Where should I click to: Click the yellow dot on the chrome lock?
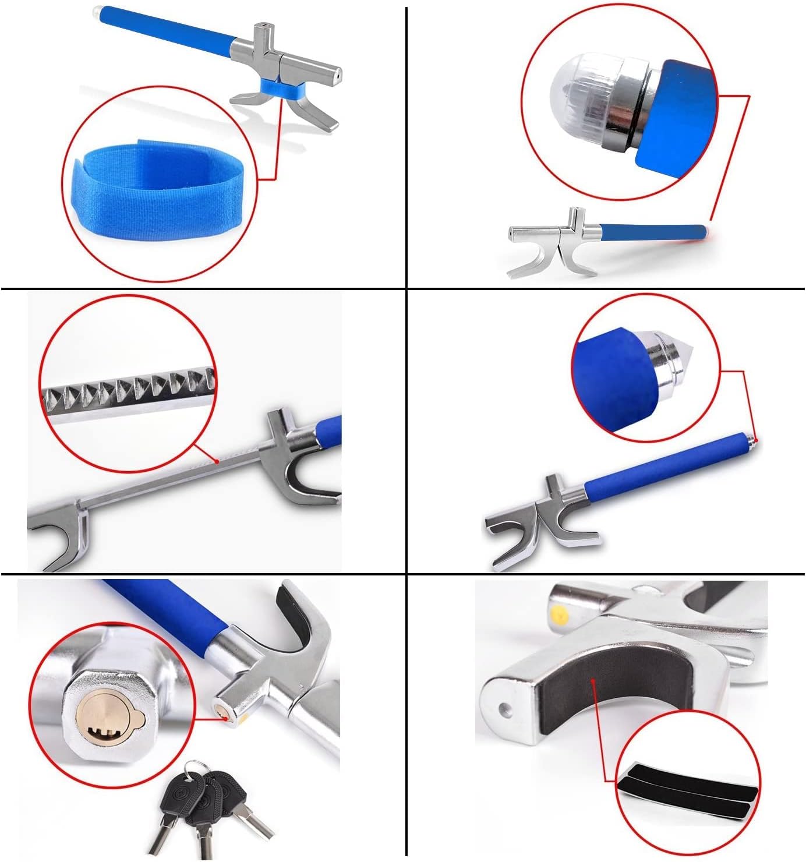click(560, 613)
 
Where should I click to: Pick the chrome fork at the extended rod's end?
click(58, 533)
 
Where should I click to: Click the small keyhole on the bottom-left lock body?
click(222, 712)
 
